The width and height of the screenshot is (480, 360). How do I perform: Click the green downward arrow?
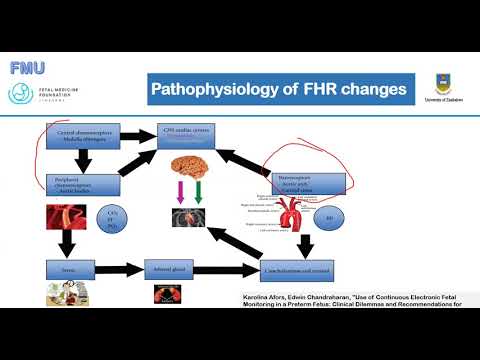pos(197,193)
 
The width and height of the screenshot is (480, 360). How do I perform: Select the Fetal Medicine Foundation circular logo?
pos(21,93)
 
